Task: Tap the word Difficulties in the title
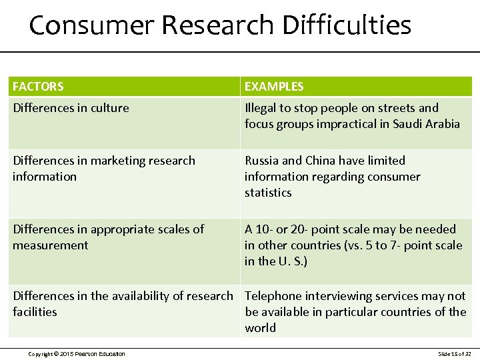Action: coord(347,25)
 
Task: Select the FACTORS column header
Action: coord(38,87)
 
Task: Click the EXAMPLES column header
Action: coord(274,87)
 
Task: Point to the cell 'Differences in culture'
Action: coord(71,108)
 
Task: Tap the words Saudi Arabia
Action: coord(426,124)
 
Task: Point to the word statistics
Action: coord(268,193)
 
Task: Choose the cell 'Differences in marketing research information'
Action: coord(103,169)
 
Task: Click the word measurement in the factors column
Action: coord(51,245)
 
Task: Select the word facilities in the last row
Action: coord(35,312)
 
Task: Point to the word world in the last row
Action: coord(260,328)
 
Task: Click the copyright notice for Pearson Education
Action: coord(76,353)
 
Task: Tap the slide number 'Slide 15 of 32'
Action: coord(454,353)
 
